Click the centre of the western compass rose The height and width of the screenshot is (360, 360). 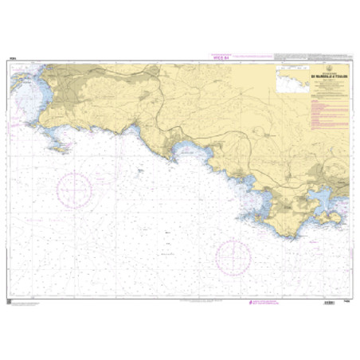coord(75,189)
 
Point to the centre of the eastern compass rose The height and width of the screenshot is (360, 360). coord(233,256)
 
